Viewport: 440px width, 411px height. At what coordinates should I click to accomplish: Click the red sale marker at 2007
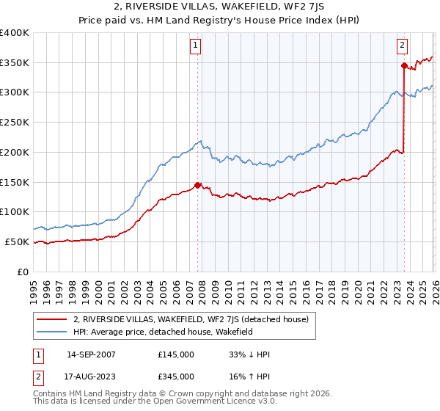pos(197,185)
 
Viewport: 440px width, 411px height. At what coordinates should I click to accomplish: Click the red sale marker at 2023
pos(404,65)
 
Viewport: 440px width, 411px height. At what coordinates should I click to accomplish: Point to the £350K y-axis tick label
pos(15,63)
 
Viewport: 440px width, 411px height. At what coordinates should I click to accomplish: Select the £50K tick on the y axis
pos(18,241)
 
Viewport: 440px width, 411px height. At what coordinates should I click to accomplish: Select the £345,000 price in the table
pos(176,377)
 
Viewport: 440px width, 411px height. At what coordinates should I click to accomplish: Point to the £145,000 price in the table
pos(176,354)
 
